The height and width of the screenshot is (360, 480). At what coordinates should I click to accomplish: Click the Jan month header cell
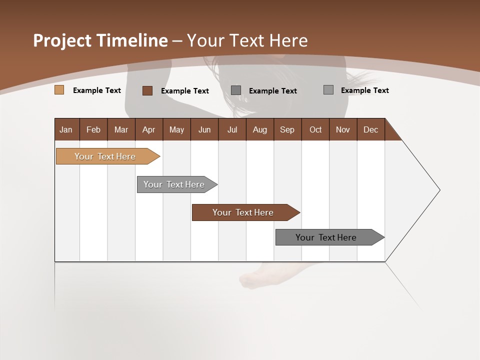click(x=66, y=129)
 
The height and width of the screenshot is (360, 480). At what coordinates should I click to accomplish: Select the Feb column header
click(x=93, y=129)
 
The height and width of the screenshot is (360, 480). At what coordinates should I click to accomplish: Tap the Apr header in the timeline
click(x=148, y=129)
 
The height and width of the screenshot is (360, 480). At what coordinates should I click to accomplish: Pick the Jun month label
click(x=204, y=129)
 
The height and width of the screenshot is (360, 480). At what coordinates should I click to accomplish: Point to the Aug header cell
click(x=259, y=129)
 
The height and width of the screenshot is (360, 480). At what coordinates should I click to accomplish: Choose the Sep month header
click(x=287, y=129)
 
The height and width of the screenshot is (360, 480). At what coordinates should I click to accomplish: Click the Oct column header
click(x=315, y=129)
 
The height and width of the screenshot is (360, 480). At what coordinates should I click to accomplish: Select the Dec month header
click(x=370, y=129)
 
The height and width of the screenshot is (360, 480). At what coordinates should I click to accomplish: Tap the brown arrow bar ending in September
click(x=243, y=212)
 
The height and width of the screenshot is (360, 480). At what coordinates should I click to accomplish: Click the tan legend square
click(x=59, y=90)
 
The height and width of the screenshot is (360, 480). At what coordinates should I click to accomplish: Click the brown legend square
click(x=147, y=90)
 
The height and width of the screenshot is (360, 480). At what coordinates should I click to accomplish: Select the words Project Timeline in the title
click(x=100, y=40)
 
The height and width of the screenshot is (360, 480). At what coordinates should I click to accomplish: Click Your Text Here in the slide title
click(x=247, y=40)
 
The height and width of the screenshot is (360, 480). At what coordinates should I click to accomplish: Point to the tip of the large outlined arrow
click(x=439, y=190)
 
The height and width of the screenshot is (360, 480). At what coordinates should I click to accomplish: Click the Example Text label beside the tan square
click(x=97, y=90)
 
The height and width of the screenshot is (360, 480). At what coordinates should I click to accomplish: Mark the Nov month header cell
click(x=342, y=129)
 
